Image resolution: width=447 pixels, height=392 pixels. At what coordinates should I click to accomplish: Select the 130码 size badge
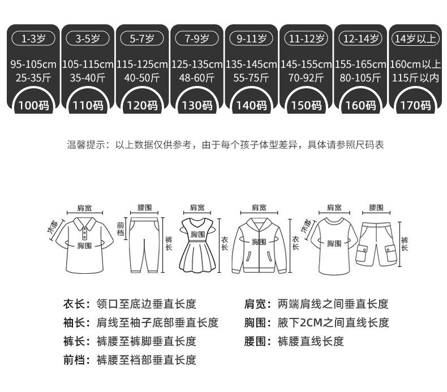coord(197,105)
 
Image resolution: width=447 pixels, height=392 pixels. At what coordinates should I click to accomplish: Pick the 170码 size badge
coord(415,105)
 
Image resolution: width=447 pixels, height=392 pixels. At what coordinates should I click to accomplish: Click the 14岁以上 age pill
coord(415,38)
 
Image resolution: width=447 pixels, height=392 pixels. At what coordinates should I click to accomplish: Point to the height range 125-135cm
coord(197,64)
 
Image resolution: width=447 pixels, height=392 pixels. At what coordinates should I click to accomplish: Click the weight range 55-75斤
coord(251,78)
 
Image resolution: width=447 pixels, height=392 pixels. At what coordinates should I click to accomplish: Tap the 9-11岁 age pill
coord(251,38)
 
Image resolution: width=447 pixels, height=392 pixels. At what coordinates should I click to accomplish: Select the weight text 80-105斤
coord(360,78)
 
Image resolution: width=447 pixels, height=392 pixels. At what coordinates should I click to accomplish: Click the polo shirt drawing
coord(84,243)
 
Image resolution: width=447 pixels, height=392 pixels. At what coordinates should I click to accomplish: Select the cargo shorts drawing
coord(376,243)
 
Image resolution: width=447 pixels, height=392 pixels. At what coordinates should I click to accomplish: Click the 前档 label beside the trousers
coord(120,229)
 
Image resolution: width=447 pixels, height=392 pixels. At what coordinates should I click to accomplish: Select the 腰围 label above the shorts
coord(376,208)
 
